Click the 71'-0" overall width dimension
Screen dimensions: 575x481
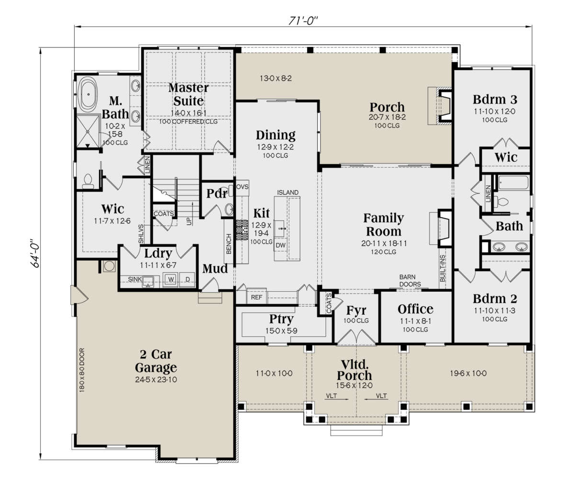(x=303, y=21)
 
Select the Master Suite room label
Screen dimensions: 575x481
(x=188, y=94)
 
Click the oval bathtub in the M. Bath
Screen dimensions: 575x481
(x=88, y=94)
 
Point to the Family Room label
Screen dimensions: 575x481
(x=383, y=224)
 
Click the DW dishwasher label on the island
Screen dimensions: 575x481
(x=280, y=245)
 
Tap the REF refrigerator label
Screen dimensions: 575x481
(x=256, y=297)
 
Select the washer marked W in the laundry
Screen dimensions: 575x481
(x=171, y=279)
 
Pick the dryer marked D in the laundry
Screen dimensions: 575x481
(x=187, y=279)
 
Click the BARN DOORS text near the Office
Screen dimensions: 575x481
(x=410, y=280)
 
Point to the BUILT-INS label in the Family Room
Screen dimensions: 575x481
(x=443, y=268)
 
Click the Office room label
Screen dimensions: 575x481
(x=415, y=309)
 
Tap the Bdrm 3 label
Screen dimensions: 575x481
(x=495, y=99)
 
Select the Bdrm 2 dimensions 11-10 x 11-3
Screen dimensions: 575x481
(x=494, y=310)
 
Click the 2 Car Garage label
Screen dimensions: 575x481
(x=156, y=361)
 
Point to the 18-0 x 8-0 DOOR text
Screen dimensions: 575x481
(x=82, y=370)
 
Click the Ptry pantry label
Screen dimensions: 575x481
(x=281, y=320)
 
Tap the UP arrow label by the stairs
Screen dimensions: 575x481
(x=189, y=221)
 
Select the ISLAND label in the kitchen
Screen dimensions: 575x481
(x=287, y=192)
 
